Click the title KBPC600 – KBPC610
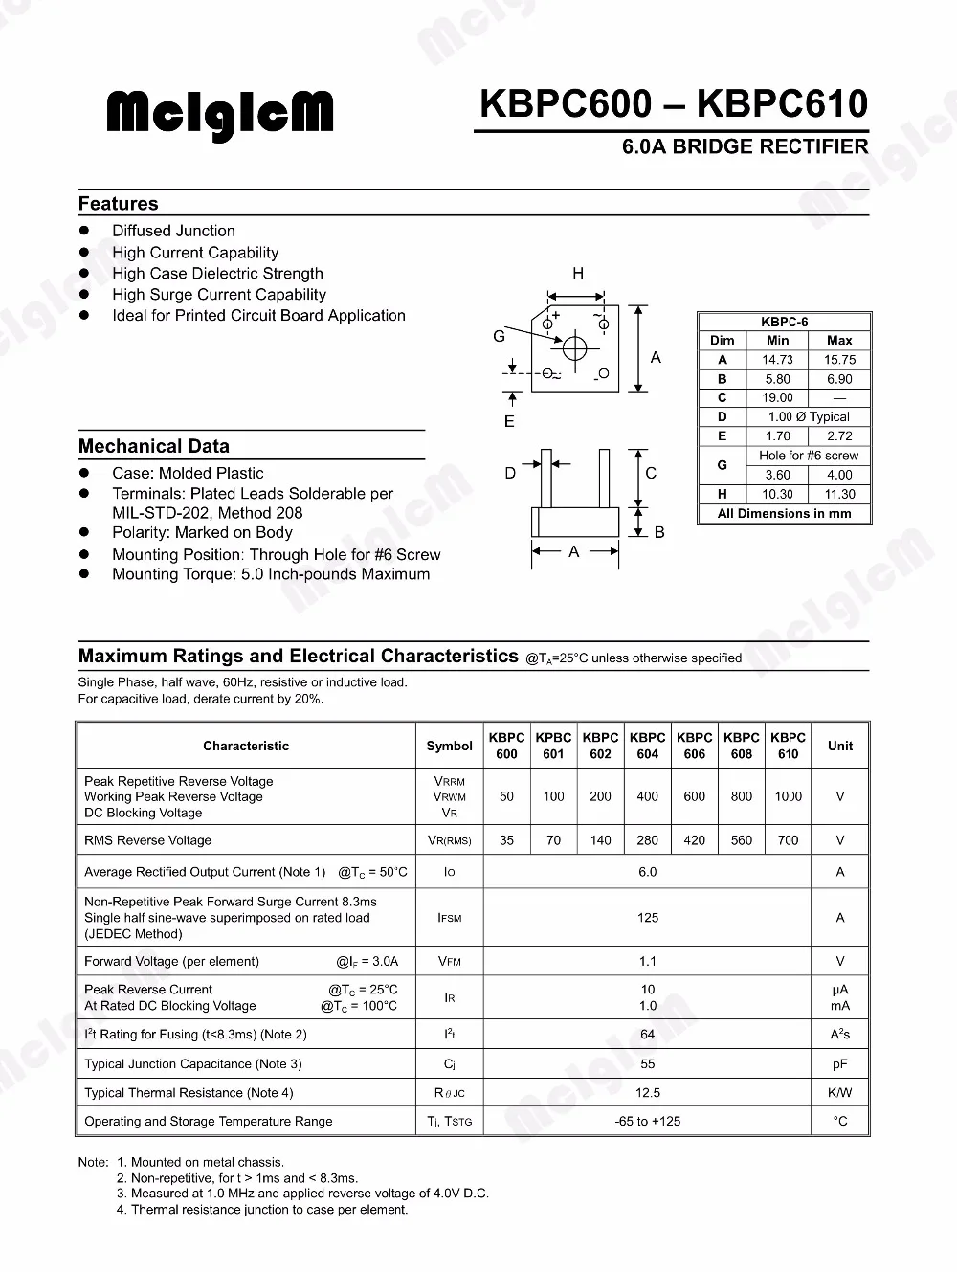pyautogui.click(x=673, y=103)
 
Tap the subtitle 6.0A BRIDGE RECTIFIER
pyautogui.click(x=745, y=147)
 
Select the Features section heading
pyautogui.click(x=118, y=204)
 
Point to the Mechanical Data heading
pyautogui.click(x=153, y=446)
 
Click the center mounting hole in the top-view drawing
pyautogui.click(x=575, y=348)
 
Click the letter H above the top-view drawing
pyautogui.click(x=578, y=274)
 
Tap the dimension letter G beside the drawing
pyautogui.click(x=499, y=336)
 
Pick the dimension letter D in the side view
pyautogui.click(x=510, y=473)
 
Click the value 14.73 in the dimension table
pyautogui.click(x=777, y=360)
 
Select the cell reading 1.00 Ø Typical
pyautogui.click(x=809, y=417)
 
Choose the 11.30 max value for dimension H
pyautogui.click(x=839, y=494)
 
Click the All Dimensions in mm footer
pyautogui.click(x=784, y=514)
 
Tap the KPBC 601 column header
pyautogui.click(x=553, y=746)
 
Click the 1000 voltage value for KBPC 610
pyautogui.click(x=789, y=796)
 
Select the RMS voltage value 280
pyautogui.click(x=647, y=840)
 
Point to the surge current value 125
pyautogui.click(x=647, y=918)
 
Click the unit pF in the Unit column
pyautogui.click(x=839, y=1063)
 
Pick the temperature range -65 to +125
pyautogui.click(x=647, y=1121)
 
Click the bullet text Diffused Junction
pyautogui.click(x=173, y=231)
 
